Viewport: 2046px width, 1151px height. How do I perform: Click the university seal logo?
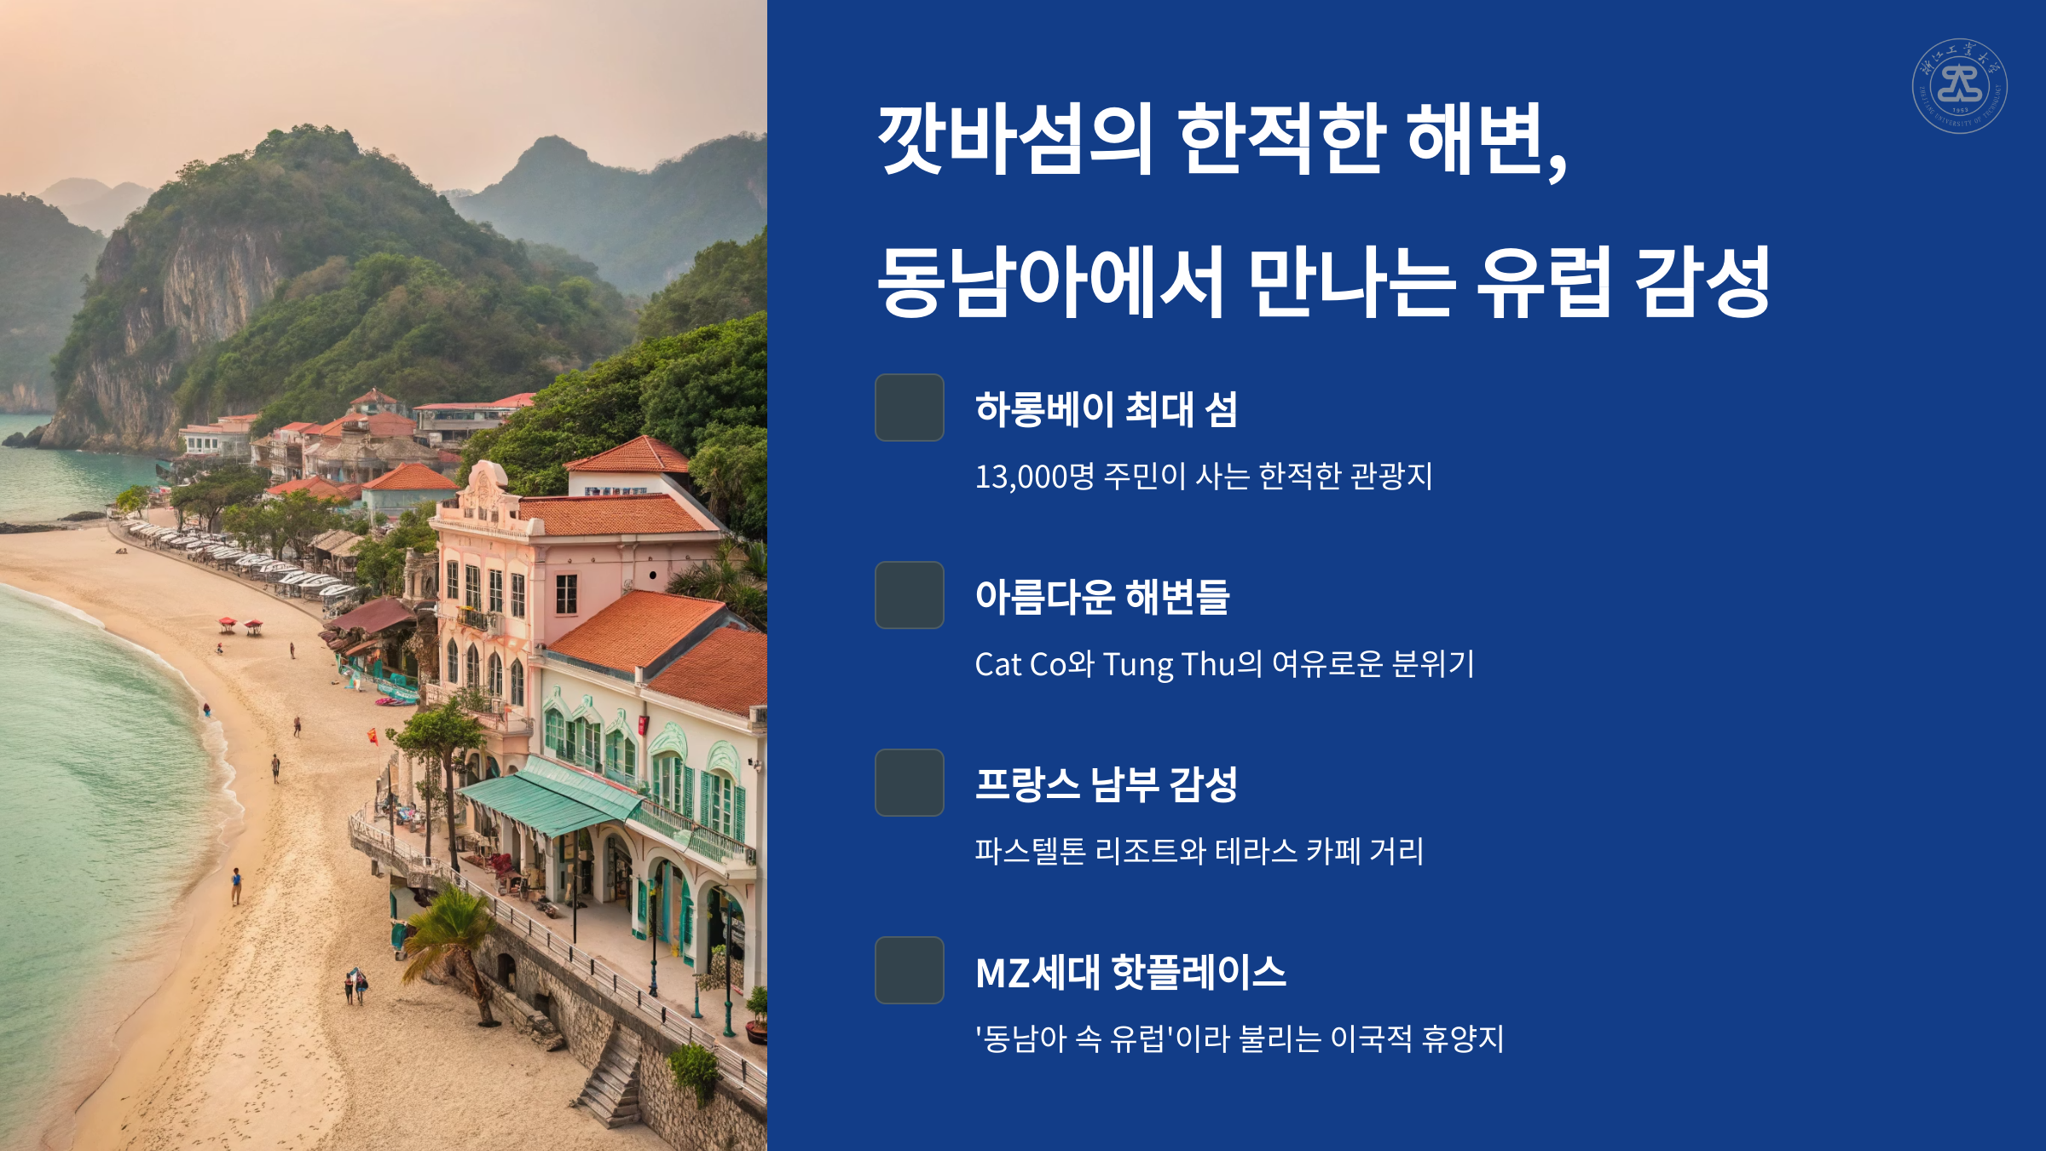pos(1959,86)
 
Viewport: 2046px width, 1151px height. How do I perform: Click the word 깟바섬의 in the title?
pos(1014,138)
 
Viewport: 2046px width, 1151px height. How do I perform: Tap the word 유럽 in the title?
pos(1543,281)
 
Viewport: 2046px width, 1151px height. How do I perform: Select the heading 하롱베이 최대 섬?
pos(1106,409)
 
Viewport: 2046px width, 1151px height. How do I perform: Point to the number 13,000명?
pos(1034,476)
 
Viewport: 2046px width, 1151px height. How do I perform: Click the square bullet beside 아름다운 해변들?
pos(909,595)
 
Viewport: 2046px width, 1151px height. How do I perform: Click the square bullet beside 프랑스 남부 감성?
pos(909,783)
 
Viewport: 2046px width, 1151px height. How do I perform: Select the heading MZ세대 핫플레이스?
pos(1130,972)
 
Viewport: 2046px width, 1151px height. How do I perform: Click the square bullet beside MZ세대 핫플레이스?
pos(909,970)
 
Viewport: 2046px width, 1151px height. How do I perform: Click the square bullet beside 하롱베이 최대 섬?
pos(909,408)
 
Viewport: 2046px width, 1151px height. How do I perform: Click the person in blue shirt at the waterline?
pos(236,885)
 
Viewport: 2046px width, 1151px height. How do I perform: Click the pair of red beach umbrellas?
pos(240,625)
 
